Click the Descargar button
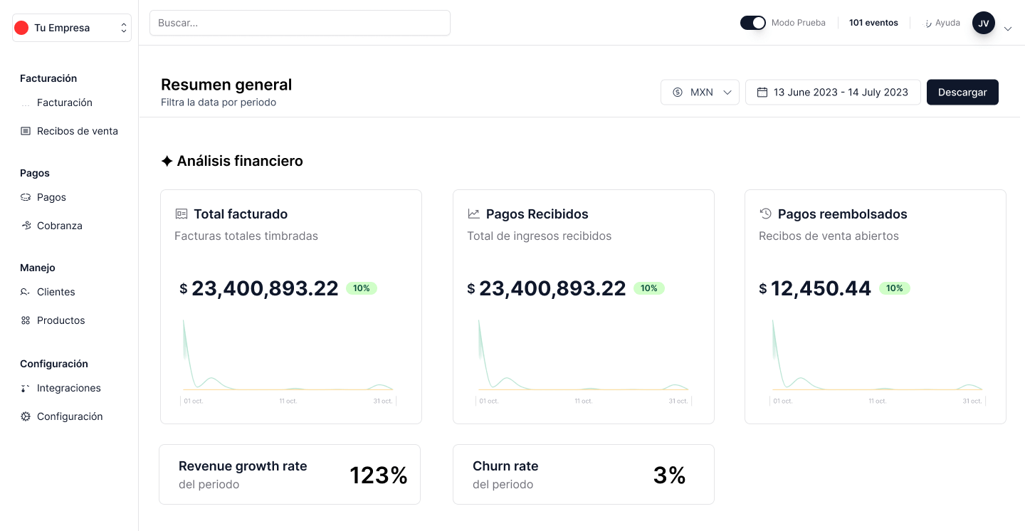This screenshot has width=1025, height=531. click(962, 93)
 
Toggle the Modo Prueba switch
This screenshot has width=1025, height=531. click(752, 23)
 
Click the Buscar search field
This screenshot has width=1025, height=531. click(300, 23)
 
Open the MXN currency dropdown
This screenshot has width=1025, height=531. click(700, 93)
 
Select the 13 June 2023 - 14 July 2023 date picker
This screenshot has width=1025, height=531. click(832, 93)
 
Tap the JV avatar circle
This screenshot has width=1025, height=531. click(983, 23)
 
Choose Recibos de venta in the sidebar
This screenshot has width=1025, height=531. click(77, 131)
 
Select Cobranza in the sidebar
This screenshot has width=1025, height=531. click(59, 226)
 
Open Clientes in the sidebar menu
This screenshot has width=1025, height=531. click(56, 292)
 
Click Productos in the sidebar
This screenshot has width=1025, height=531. click(61, 320)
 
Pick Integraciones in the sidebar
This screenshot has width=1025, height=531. click(68, 388)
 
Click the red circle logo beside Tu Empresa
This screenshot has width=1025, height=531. click(21, 28)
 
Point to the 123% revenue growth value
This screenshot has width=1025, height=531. click(378, 475)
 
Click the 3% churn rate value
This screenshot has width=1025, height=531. click(669, 475)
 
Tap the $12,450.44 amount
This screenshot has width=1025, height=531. click(820, 288)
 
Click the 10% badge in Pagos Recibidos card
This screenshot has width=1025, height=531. click(648, 288)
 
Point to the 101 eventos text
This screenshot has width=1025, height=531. click(873, 23)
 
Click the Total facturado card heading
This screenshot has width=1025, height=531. click(241, 214)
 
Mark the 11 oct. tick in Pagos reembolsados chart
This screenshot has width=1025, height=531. click(877, 401)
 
